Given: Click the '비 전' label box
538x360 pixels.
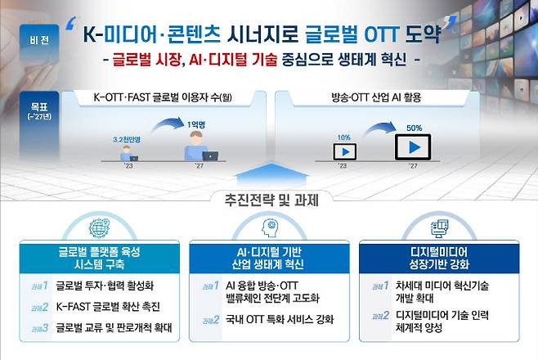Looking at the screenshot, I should click(x=38, y=38).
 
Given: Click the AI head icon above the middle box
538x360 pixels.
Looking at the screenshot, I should click(x=269, y=226).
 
